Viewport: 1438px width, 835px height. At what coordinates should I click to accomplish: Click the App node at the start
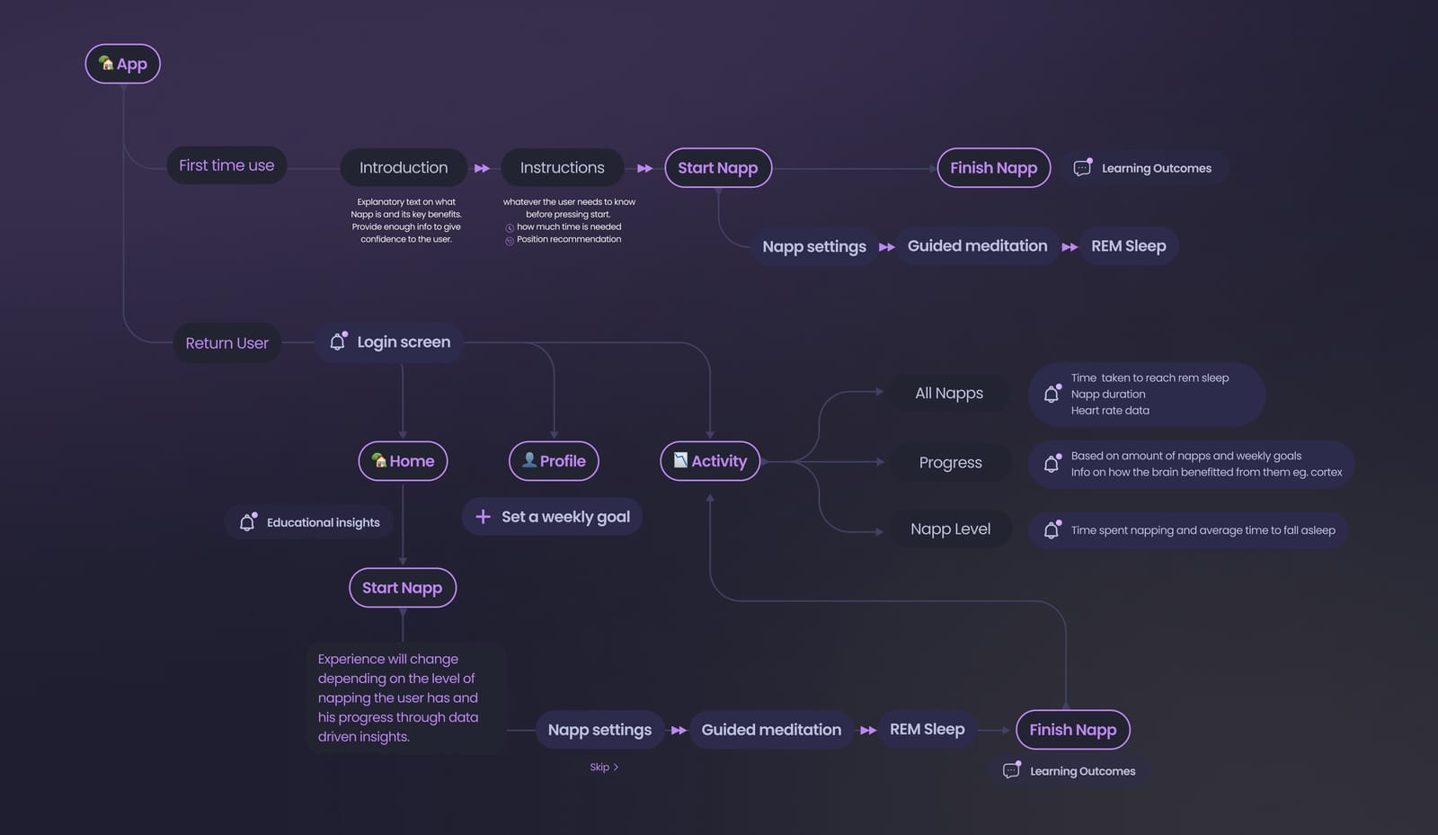(x=122, y=64)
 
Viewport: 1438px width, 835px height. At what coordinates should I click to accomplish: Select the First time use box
(x=226, y=165)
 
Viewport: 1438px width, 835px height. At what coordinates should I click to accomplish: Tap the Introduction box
(x=404, y=167)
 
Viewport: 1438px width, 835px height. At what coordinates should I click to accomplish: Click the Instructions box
(x=563, y=167)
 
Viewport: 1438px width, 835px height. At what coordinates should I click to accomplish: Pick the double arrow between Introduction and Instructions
(x=482, y=168)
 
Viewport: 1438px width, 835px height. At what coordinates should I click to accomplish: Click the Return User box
(x=227, y=342)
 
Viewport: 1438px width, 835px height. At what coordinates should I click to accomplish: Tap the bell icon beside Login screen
(x=338, y=341)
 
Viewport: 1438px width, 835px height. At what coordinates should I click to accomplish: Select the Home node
(x=404, y=461)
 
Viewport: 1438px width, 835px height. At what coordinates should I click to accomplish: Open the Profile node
(x=554, y=461)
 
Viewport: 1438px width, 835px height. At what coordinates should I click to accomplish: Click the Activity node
(x=710, y=461)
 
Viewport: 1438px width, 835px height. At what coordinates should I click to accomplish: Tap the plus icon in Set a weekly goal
(x=483, y=517)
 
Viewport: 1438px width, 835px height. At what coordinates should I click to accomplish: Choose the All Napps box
(x=949, y=393)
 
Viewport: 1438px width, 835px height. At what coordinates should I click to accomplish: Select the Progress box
(x=951, y=462)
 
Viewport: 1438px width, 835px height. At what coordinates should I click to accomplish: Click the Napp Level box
(x=951, y=529)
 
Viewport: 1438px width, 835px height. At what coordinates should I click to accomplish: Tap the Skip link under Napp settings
(x=604, y=767)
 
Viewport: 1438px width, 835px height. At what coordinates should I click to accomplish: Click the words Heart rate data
(x=1110, y=411)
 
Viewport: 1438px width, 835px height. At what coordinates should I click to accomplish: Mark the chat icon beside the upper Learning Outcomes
(x=1082, y=167)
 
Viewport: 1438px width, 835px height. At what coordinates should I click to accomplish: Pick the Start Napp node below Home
(x=403, y=588)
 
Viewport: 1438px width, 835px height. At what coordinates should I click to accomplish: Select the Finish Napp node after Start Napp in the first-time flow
(x=994, y=167)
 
